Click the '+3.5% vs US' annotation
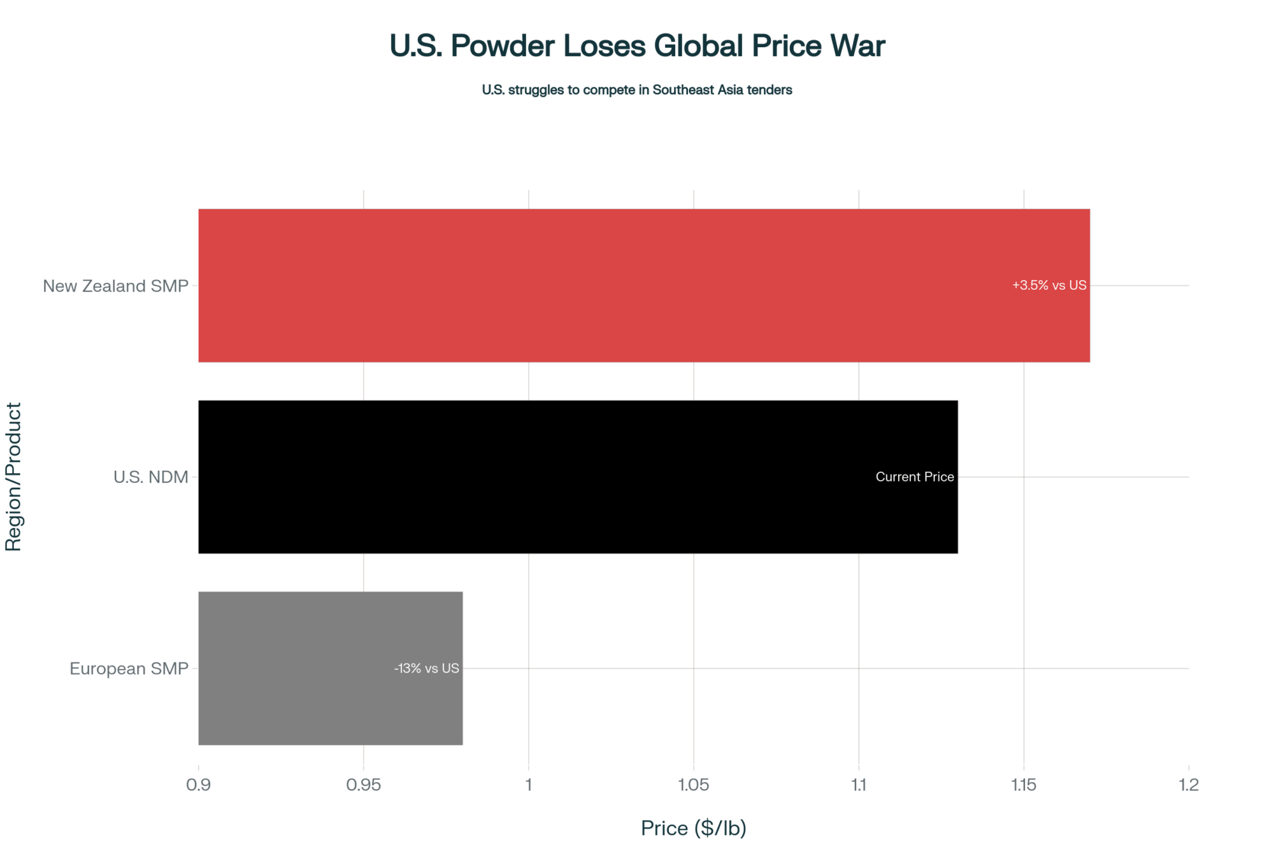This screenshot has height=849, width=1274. tap(1049, 285)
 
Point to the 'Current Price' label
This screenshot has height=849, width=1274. tap(914, 477)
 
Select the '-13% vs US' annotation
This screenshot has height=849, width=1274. tap(426, 668)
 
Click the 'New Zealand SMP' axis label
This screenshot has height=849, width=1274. tap(115, 286)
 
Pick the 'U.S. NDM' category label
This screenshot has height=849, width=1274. tap(150, 477)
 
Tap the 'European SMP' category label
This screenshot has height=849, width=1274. tap(129, 669)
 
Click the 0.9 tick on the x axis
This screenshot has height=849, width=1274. tap(198, 785)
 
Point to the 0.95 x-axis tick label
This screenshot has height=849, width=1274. tap(363, 785)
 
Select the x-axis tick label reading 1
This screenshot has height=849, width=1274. tap(529, 785)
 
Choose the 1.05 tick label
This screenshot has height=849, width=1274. tap(693, 785)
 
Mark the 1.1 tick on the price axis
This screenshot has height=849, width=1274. tap(859, 785)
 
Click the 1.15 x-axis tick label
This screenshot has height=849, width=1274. tap(1024, 785)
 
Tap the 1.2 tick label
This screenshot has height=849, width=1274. tap(1189, 785)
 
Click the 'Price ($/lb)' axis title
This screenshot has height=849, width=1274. tap(693, 828)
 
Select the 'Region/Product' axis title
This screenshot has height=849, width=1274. tap(13, 476)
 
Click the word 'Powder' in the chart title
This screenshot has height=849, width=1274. tap(503, 46)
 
